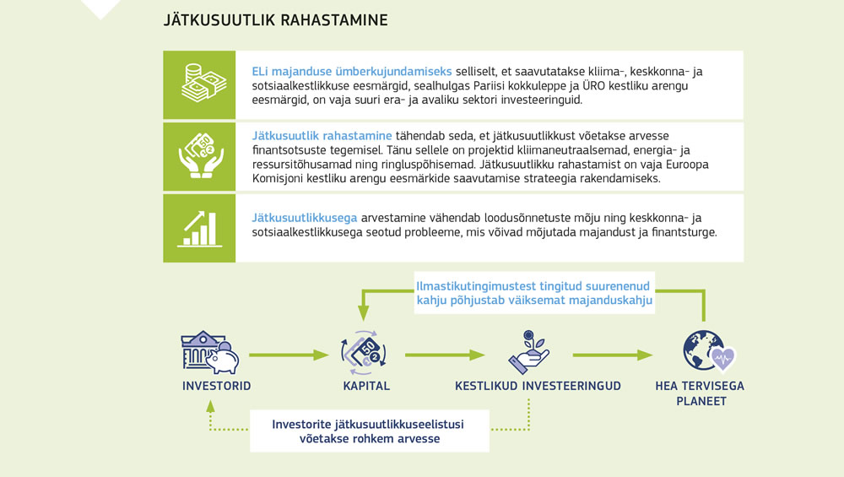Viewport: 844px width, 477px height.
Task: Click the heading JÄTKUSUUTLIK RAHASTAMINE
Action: click(275, 19)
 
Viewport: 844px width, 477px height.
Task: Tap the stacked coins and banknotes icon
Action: click(199, 84)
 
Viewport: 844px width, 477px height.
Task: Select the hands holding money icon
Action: click(199, 155)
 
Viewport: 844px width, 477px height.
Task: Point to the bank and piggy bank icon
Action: click(210, 353)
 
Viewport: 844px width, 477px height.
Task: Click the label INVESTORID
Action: click(216, 387)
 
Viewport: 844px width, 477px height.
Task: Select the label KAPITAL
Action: click(365, 387)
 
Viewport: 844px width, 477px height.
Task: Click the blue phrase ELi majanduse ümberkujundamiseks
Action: click(352, 71)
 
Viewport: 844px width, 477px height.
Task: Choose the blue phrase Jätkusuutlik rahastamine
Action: click(322, 135)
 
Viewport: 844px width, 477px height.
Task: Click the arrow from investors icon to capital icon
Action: click(287, 355)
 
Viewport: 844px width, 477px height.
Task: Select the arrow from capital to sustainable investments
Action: click(445, 355)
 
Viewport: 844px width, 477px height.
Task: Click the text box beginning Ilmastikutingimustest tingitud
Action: click(533, 292)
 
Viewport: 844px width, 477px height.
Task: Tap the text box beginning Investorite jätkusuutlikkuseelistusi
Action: click(368, 431)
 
